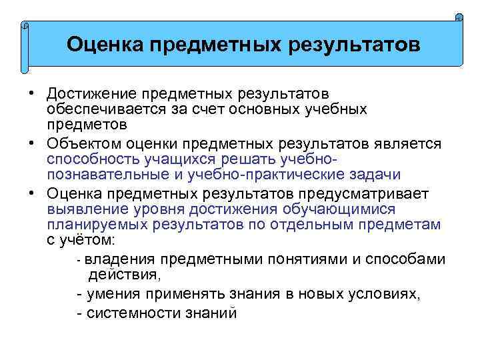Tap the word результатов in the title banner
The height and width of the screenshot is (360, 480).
click(354, 45)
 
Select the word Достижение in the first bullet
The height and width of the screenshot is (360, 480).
click(86, 93)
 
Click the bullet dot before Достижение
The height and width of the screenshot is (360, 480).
click(31, 93)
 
